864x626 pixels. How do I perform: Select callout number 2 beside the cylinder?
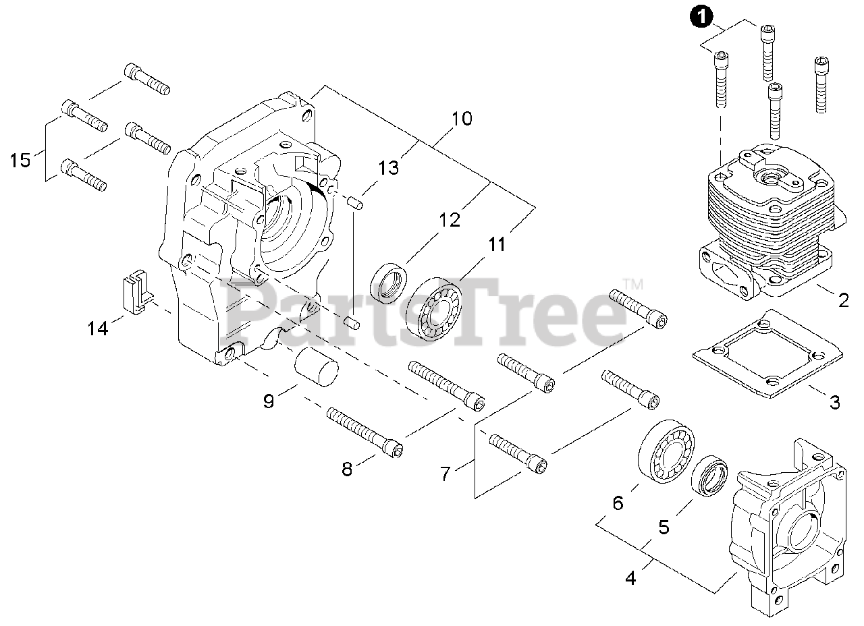coord(843,300)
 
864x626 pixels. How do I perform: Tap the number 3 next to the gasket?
coord(835,403)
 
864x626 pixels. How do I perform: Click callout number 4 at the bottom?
coord(630,578)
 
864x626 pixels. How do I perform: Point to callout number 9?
coord(269,401)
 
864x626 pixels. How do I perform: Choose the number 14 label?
coord(97,329)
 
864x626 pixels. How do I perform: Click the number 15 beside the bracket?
coord(20,161)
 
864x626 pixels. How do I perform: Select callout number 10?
coord(462,119)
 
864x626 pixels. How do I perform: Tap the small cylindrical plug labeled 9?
coord(316,369)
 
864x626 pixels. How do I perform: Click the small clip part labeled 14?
coord(134,290)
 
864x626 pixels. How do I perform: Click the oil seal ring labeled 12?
coord(390,283)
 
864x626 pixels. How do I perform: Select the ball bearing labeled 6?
coord(666,453)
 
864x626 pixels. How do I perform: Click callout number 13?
coord(388,167)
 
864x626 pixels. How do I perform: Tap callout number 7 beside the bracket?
coord(445,474)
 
